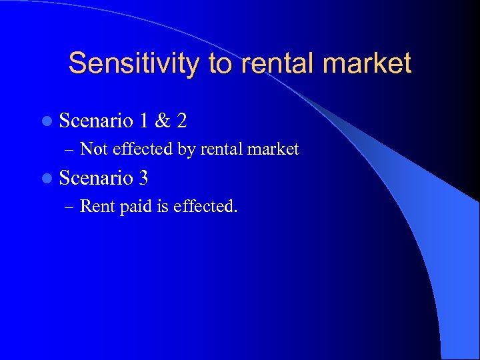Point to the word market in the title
click(373, 63)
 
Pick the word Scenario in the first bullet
click(97, 121)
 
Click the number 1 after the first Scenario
click(145, 121)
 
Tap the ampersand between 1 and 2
click(161, 121)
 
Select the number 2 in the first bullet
click(181, 121)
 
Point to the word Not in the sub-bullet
click(94, 149)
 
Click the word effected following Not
click(143, 149)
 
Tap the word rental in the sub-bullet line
click(221, 149)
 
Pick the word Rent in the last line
click(97, 206)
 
